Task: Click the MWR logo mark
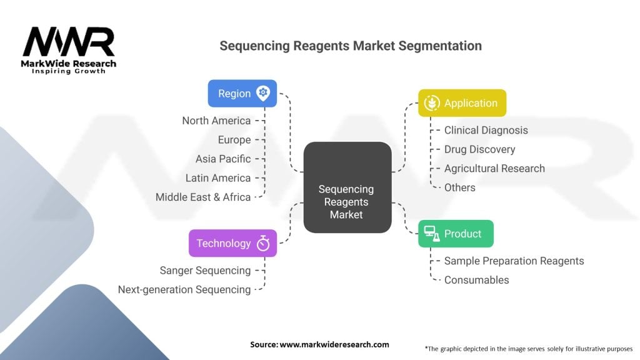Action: [x=69, y=42]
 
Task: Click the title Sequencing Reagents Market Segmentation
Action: [x=351, y=46]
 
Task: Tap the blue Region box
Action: [x=242, y=94]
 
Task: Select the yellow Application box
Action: [x=462, y=103]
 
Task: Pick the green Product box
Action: [x=456, y=234]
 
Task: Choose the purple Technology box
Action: [x=232, y=243]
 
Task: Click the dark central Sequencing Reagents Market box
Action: [x=347, y=187]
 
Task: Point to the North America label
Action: [x=216, y=121]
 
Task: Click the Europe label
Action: [x=234, y=140]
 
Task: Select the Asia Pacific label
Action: [x=223, y=159]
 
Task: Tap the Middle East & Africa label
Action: [x=203, y=197]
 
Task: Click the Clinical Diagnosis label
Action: [x=486, y=130]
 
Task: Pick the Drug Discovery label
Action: [x=479, y=149]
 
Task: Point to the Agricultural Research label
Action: [x=494, y=169]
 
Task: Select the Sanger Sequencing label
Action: [x=205, y=271]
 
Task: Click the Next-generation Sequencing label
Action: [x=184, y=290]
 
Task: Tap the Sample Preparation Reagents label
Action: [x=514, y=261]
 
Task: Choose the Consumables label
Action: [x=476, y=280]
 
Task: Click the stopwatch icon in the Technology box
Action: [x=263, y=243]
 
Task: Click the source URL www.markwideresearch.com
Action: [x=334, y=344]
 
